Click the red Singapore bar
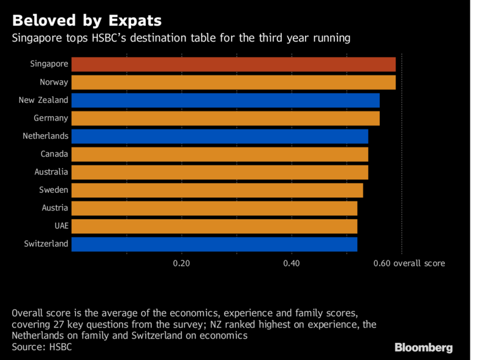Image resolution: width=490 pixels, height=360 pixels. click(x=233, y=64)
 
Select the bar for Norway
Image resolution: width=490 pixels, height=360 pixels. click(x=233, y=82)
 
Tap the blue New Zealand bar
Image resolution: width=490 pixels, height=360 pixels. click(x=225, y=100)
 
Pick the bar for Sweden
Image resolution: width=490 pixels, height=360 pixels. click(x=217, y=190)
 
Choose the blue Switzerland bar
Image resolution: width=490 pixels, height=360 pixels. click(x=214, y=244)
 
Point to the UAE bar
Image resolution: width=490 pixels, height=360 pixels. click(x=214, y=227)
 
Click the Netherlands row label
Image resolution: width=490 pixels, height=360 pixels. click(x=45, y=136)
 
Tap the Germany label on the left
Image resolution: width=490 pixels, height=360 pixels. click(x=51, y=118)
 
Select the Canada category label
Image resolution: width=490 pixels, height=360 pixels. click(x=54, y=154)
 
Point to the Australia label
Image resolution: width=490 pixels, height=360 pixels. click(x=51, y=172)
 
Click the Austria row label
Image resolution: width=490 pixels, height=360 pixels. click(x=55, y=208)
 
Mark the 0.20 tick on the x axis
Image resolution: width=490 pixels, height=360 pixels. click(x=181, y=263)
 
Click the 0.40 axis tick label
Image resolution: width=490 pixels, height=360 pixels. click(x=292, y=263)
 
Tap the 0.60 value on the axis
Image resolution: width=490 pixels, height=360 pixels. click(x=382, y=263)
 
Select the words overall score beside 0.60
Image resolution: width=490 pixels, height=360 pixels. click(x=419, y=263)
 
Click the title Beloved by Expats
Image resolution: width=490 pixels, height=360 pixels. click(x=87, y=21)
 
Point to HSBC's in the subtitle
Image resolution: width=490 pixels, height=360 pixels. click(x=109, y=38)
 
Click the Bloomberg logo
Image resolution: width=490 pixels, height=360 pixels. click(x=423, y=348)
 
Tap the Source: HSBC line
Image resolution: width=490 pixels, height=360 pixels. click(x=42, y=347)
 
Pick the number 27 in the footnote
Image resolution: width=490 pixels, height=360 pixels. click(x=58, y=324)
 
